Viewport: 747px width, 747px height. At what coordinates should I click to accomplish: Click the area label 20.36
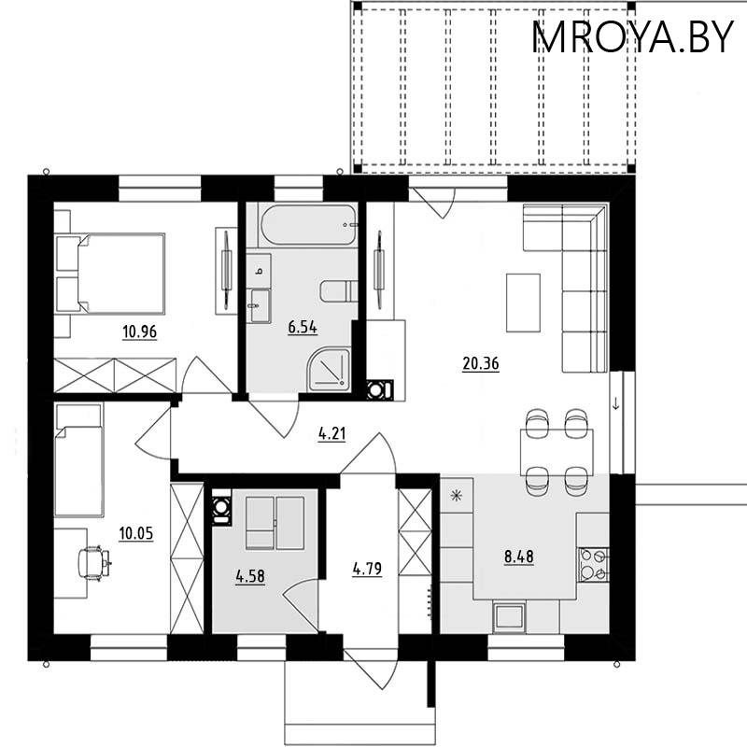click(x=481, y=364)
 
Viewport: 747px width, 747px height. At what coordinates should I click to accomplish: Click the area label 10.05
click(x=135, y=533)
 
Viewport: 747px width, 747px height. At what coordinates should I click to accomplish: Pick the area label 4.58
click(x=250, y=576)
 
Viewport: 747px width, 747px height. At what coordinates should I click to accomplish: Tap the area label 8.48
click(x=520, y=557)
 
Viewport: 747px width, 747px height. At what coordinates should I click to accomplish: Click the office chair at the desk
click(x=94, y=561)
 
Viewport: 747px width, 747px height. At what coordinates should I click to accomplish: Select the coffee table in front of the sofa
click(x=523, y=302)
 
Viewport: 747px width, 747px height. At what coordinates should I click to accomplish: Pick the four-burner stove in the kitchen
click(x=593, y=563)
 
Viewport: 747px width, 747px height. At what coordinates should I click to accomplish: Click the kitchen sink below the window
click(x=510, y=615)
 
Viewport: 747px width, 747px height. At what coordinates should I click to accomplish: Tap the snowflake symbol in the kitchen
click(x=457, y=495)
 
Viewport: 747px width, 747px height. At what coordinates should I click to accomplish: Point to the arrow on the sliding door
click(x=617, y=403)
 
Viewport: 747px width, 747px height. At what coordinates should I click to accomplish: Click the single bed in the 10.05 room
click(x=78, y=470)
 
